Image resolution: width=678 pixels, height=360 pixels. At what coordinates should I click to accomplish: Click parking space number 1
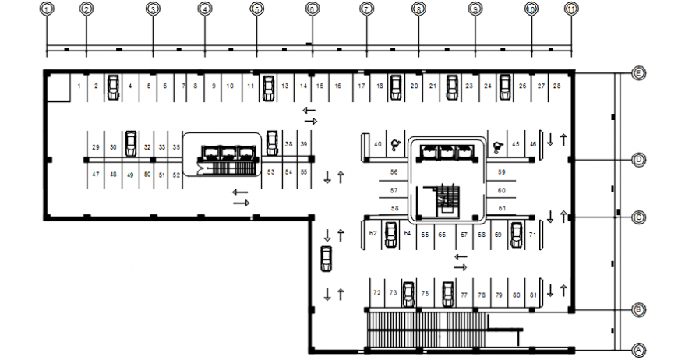click(x=79, y=86)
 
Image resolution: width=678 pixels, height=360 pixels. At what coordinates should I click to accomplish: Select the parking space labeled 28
click(x=556, y=86)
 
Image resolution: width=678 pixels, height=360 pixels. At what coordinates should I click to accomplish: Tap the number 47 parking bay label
click(x=95, y=175)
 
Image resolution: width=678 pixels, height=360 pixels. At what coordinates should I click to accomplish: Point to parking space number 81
click(x=533, y=295)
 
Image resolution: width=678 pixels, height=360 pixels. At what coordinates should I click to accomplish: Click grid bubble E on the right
click(x=638, y=74)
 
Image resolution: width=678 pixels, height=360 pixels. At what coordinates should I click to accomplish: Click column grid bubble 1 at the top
click(x=48, y=9)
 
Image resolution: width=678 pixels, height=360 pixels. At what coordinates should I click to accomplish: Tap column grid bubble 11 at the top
click(x=572, y=9)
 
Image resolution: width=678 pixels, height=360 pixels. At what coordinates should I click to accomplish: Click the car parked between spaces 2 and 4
click(x=113, y=87)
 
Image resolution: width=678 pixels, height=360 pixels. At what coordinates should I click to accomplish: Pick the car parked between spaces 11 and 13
click(x=269, y=87)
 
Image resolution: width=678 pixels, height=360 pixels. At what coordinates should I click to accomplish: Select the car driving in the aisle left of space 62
click(x=327, y=259)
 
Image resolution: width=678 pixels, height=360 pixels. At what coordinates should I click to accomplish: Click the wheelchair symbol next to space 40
click(x=395, y=144)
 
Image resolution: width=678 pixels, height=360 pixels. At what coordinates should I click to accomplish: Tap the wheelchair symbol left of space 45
click(x=495, y=144)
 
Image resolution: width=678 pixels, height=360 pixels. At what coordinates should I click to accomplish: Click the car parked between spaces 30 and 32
click(x=131, y=143)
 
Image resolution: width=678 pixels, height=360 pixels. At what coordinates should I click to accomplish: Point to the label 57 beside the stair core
click(x=394, y=190)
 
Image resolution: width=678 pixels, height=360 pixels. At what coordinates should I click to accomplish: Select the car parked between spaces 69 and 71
click(x=515, y=235)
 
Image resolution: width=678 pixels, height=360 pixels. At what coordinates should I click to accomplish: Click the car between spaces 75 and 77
click(x=447, y=295)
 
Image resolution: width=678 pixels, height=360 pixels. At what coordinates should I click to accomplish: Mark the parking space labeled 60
click(x=501, y=190)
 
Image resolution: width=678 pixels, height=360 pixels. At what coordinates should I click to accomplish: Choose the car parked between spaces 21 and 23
click(x=451, y=87)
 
